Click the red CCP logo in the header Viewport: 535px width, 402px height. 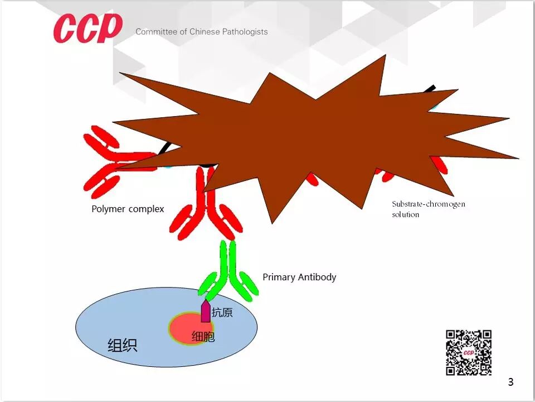88,28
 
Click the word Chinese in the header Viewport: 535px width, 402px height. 205,32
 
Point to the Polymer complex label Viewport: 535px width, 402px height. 128,209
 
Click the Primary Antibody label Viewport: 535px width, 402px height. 299,277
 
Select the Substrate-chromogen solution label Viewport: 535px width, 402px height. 428,209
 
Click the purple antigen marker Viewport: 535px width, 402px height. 206,311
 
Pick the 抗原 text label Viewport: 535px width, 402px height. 222,313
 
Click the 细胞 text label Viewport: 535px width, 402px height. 203,337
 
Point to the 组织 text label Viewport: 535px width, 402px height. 122,346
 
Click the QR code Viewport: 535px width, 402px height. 469,352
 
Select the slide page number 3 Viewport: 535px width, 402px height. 510,382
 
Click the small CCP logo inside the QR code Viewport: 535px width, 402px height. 469,353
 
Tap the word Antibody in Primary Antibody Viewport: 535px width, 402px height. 318,277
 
